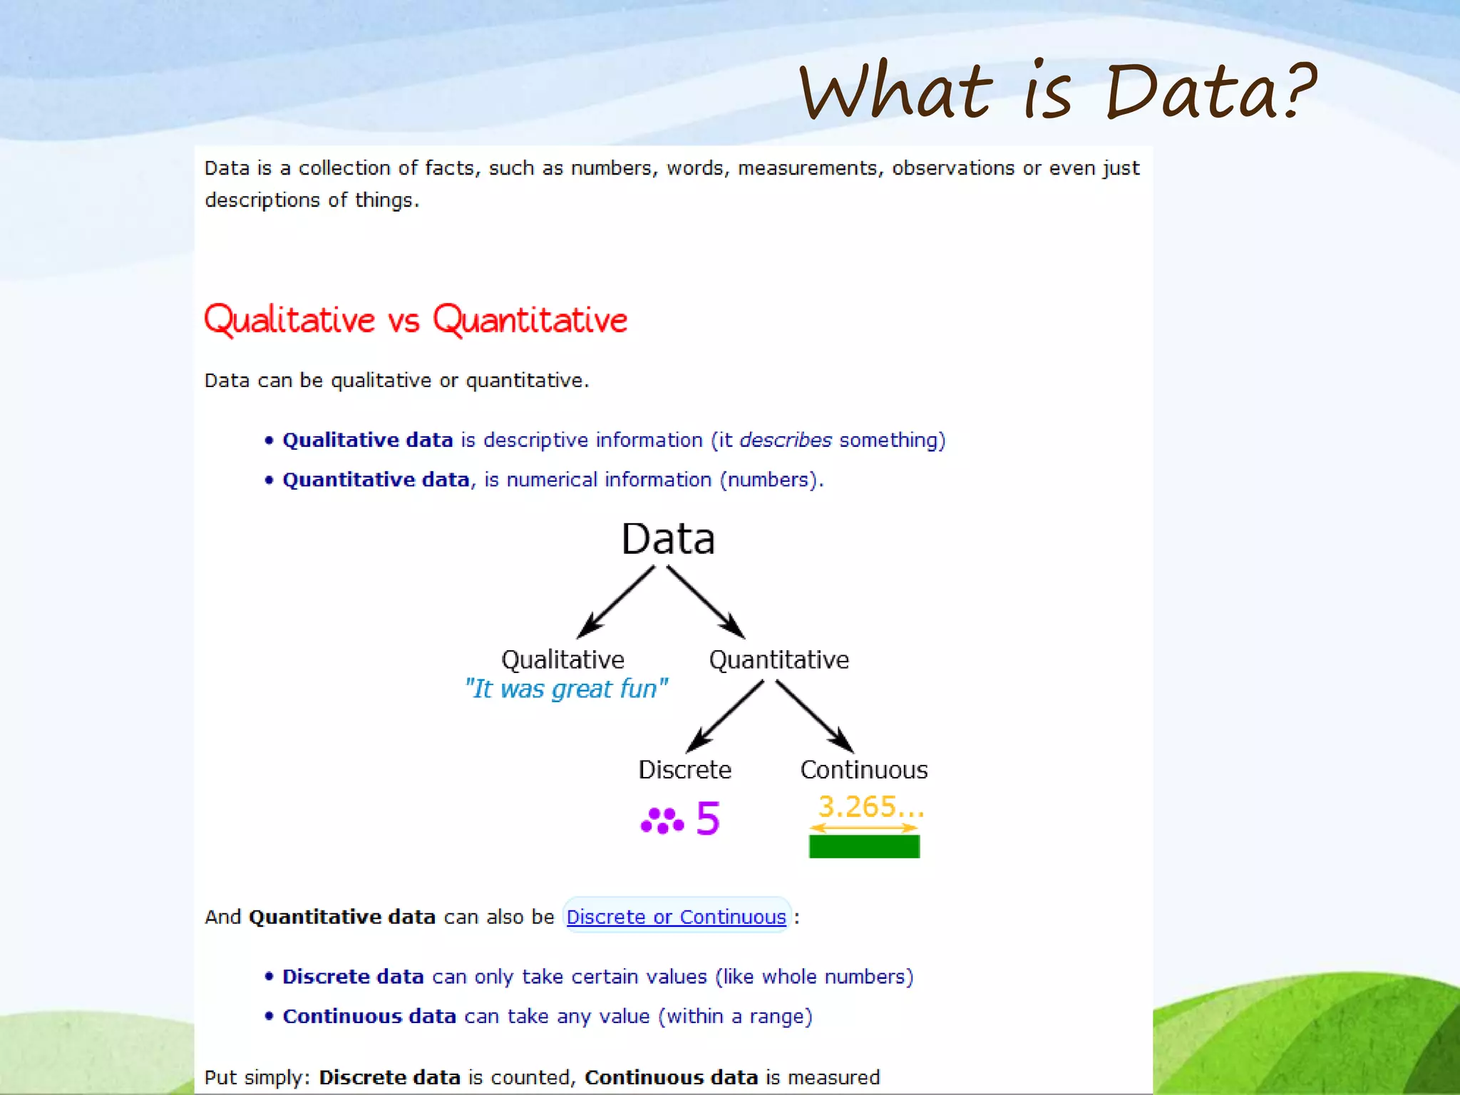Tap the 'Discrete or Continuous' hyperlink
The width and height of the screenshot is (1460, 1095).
[676, 917]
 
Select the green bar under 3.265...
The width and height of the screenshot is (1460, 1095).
[864, 846]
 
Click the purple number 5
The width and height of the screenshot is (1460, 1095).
[708, 818]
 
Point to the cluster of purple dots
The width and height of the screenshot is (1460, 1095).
[662, 821]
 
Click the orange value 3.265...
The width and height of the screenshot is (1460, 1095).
[870, 806]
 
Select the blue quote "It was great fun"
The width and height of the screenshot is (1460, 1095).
[567, 689]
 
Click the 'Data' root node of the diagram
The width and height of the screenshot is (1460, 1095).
[668, 539]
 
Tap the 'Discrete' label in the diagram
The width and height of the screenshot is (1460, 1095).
[684, 770]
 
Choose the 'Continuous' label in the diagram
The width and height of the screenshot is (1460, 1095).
[864, 770]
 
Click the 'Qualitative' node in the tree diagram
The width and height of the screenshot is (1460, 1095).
[562, 659]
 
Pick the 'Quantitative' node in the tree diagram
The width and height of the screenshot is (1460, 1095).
[778, 659]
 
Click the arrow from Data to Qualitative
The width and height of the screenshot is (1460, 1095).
[616, 602]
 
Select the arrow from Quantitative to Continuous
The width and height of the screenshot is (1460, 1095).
[814, 716]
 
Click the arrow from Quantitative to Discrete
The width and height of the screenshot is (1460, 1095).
[725, 716]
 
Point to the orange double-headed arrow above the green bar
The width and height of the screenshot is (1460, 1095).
[864, 828]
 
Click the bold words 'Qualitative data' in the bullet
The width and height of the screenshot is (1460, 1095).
[368, 440]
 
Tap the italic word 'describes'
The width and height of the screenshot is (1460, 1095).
[786, 440]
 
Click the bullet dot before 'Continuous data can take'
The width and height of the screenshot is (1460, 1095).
[269, 1016]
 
